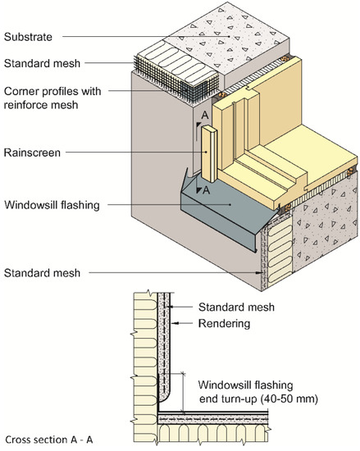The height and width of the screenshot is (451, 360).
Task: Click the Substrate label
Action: [x=28, y=37]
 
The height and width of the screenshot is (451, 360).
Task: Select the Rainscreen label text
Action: [x=31, y=150]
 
